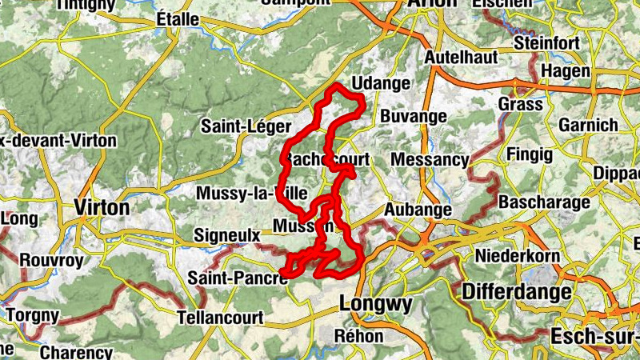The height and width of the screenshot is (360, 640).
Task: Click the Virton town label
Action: [x=102, y=208]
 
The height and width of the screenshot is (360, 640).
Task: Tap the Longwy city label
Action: [x=376, y=304]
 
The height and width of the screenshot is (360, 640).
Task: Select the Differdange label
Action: [x=516, y=290]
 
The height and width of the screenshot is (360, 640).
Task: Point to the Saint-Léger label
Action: [x=238, y=126]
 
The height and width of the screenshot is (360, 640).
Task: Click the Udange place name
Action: [x=381, y=83]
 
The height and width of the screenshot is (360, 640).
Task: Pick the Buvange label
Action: [x=413, y=116]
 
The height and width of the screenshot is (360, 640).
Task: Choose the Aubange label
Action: [x=419, y=209]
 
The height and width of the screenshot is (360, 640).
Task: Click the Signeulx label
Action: [x=228, y=236]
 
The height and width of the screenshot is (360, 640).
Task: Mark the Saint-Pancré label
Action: [x=238, y=278]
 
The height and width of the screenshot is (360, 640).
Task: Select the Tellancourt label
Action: [x=221, y=317]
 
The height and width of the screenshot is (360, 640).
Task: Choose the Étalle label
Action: [x=178, y=18]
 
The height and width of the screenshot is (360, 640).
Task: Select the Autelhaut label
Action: [x=461, y=58]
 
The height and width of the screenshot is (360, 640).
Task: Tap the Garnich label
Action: [x=588, y=126]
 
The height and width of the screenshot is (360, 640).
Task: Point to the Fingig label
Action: [x=525, y=153]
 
